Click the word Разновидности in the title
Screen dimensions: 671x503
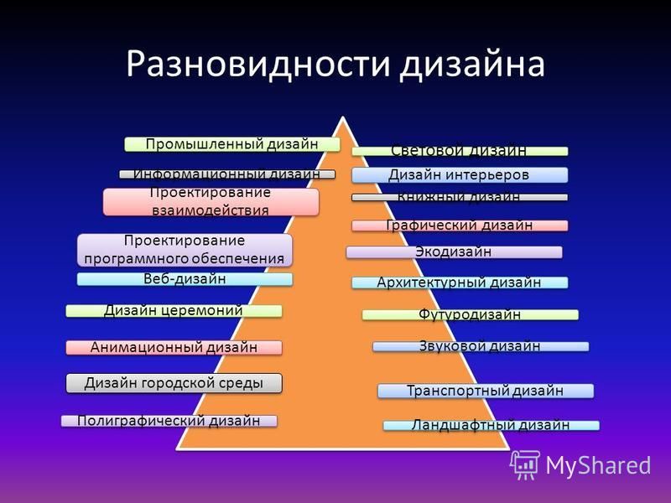pyautogui.click(x=258, y=65)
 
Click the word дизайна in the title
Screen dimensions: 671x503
pyautogui.click(x=472, y=65)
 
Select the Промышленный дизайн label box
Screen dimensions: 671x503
pyautogui.click(x=232, y=144)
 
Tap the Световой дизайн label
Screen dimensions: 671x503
pyautogui.click(x=460, y=151)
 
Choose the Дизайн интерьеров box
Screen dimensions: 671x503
pyautogui.click(x=460, y=175)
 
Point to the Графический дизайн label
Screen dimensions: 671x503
pyautogui.click(x=460, y=226)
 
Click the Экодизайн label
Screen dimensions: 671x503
pyautogui.click(x=454, y=252)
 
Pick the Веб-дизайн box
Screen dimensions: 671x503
pyautogui.click(x=185, y=279)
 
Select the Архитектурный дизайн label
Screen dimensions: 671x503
pyautogui.click(x=460, y=283)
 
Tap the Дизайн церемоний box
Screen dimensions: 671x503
pyautogui.click(x=174, y=311)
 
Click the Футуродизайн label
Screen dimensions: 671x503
pyautogui.click(x=471, y=315)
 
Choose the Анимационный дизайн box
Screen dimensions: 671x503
pyautogui.click(x=174, y=348)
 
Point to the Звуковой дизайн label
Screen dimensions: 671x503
pyautogui.click(x=481, y=346)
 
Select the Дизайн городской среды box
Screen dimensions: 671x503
pyautogui.click(x=174, y=383)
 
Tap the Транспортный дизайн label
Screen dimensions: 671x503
pyautogui.click(x=486, y=391)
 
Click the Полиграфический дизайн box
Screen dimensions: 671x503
pyautogui.click(x=169, y=421)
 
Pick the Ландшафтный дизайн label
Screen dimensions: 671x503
pyautogui.click(x=491, y=426)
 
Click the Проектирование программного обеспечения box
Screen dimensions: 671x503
pyautogui.click(x=185, y=250)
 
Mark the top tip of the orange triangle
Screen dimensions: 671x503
pyautogui.click(x=343, y=117)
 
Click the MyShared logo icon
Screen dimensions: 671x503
pyautogui.click(x=524, y=464)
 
